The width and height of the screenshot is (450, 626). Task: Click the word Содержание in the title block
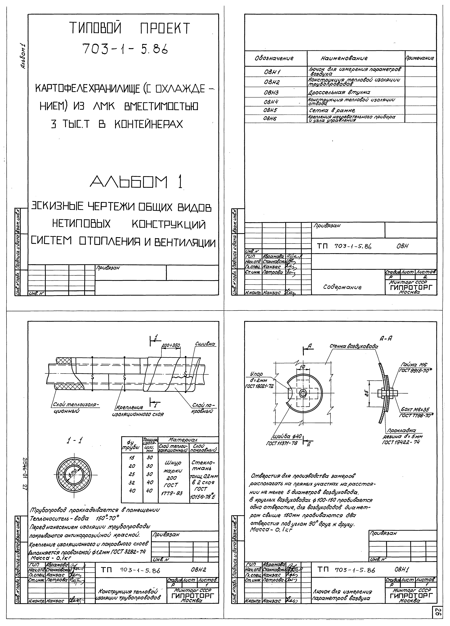click(x=342, y=287)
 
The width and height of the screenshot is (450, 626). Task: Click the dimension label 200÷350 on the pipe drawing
click(x=171, y=345)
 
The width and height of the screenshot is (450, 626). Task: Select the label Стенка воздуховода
click(x=353, y=346)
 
